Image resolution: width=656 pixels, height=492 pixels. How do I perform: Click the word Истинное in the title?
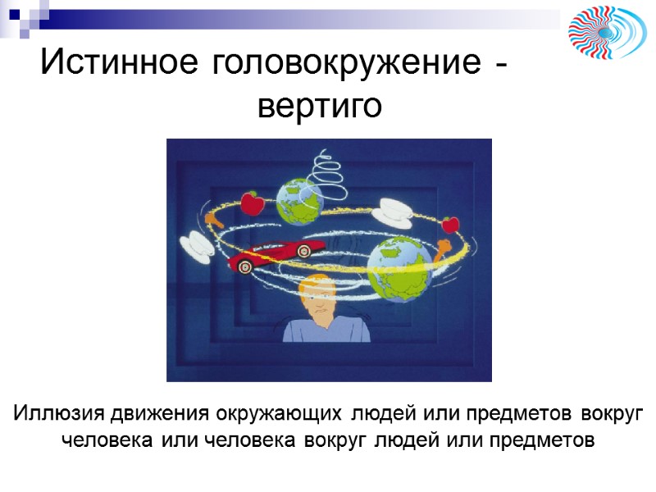pyautogui.click(x=121, y=62)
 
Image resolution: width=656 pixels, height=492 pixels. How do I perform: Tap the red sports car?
pyautogui.click(x=271, y=254)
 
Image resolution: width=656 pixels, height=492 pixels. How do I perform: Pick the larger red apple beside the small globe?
pyautogui.click(x=252, y=203)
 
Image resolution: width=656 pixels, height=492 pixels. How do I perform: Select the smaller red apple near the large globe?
pyautogui.click(x=449, y=223)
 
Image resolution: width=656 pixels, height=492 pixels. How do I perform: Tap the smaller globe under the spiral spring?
pyautogui.click(x=300, y=200)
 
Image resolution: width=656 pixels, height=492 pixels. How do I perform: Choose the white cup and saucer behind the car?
pyautogui.click(x=196, y=243)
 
